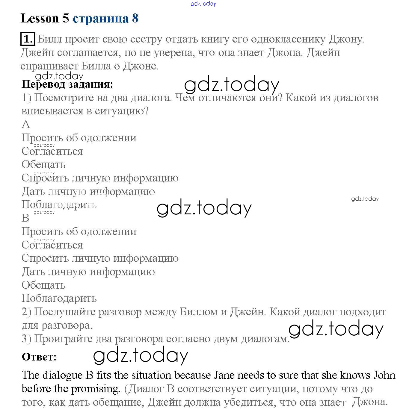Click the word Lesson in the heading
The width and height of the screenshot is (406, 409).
[x=40, y=19]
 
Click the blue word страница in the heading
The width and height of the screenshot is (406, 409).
[x=101, y=19]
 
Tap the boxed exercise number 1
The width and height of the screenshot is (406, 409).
[x=28, y=39]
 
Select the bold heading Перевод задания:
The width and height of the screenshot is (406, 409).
[x=67, y=84]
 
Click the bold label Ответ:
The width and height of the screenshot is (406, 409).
[x=39, y=357]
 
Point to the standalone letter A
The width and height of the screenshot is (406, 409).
[x=26, y=124]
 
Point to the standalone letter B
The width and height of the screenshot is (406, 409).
[x=25, y=218]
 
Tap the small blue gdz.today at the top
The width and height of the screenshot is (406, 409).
[x=203, y=4]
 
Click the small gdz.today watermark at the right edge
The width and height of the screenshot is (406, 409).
[x=365, y=199]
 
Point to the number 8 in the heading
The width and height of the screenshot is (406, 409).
[x=135, y=19]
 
